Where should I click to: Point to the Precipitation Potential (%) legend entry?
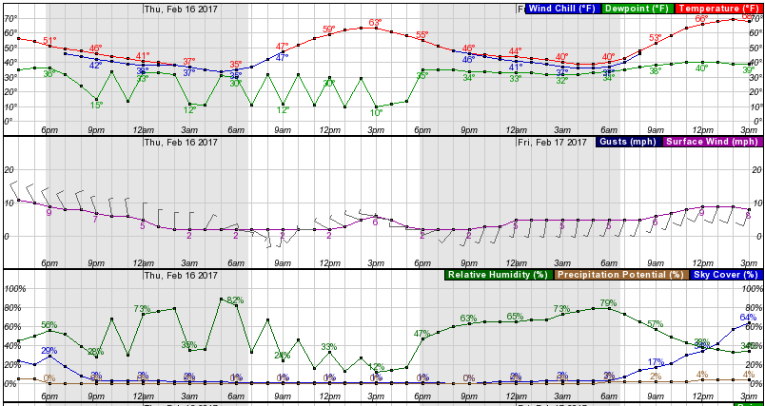click(619, 275)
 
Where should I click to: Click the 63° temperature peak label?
click(375, 23)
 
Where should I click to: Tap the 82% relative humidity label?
click(235, 300)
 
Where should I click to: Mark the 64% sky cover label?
click(747, 318)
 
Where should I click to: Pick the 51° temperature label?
click(49, 41)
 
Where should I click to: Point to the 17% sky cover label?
click(655, 361)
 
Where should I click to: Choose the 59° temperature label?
click(328, 29)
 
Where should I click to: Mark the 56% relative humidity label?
click(49, 325)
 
